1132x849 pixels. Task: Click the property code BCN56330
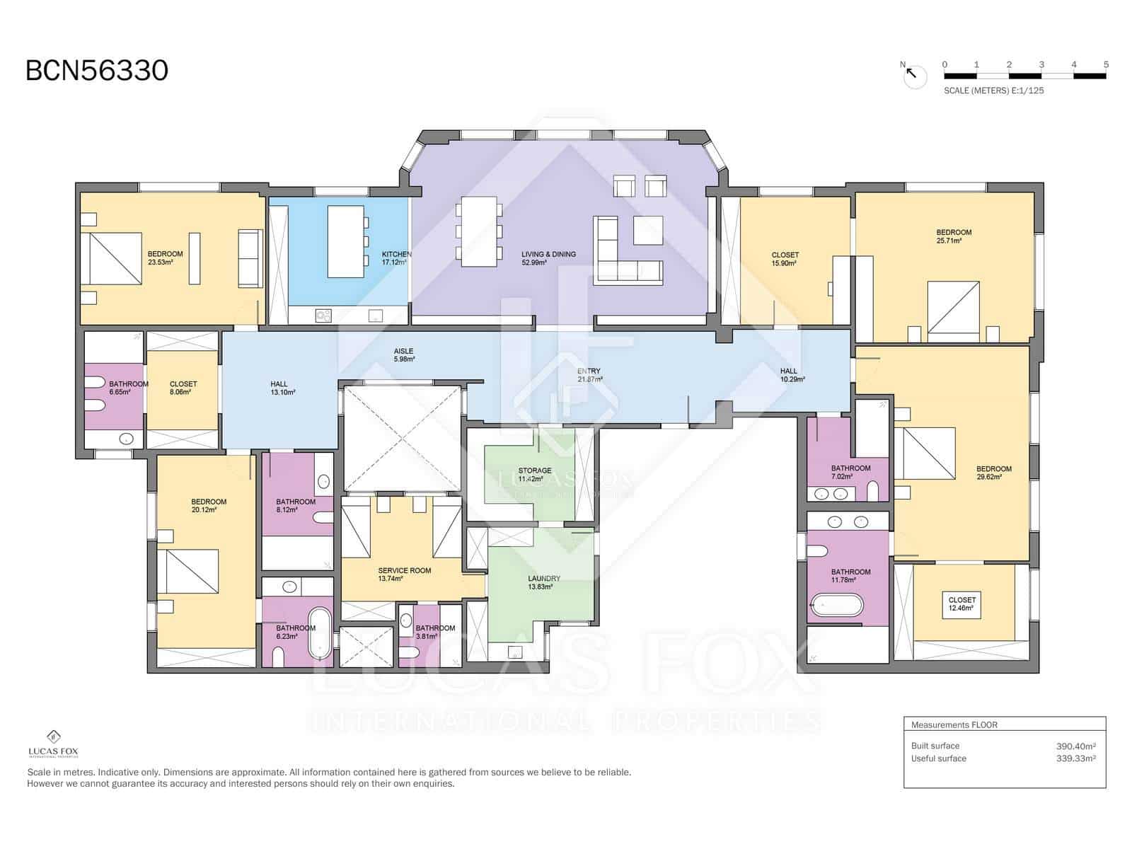(97, 71)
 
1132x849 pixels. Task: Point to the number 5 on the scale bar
(1105, 64)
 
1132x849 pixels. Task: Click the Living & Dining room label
(548, 258)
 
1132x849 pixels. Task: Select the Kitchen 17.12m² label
(395, 258)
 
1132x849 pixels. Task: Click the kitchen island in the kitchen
(345, 241)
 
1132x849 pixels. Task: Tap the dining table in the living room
(479, 231)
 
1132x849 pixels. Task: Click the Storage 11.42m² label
(534, 475)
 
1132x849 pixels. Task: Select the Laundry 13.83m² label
(543, 582)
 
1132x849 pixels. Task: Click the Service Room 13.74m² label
(404, 574)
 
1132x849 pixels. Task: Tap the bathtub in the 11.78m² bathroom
(837, 606)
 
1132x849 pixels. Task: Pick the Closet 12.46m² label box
(961, 603)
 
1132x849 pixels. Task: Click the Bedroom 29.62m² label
(993, 473)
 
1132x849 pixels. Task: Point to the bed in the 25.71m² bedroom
(953, 307)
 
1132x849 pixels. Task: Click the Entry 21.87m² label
(589, 375)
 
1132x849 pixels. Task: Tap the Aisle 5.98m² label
(403, 355)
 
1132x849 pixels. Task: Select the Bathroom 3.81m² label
(434, 632)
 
